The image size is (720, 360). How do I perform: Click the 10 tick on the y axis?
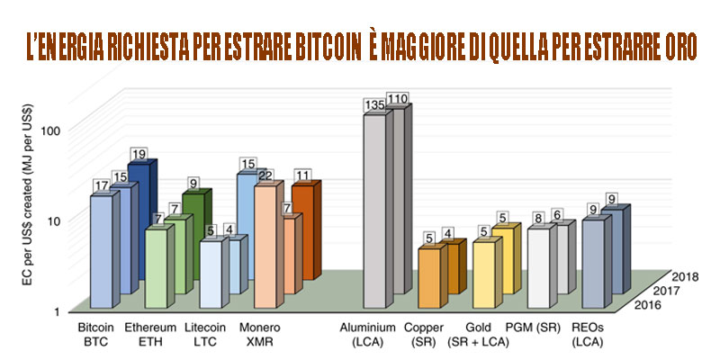53,220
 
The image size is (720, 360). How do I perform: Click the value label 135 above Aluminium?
374,106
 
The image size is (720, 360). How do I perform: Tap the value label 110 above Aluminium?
398,98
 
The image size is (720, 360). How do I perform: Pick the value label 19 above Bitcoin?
139,154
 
